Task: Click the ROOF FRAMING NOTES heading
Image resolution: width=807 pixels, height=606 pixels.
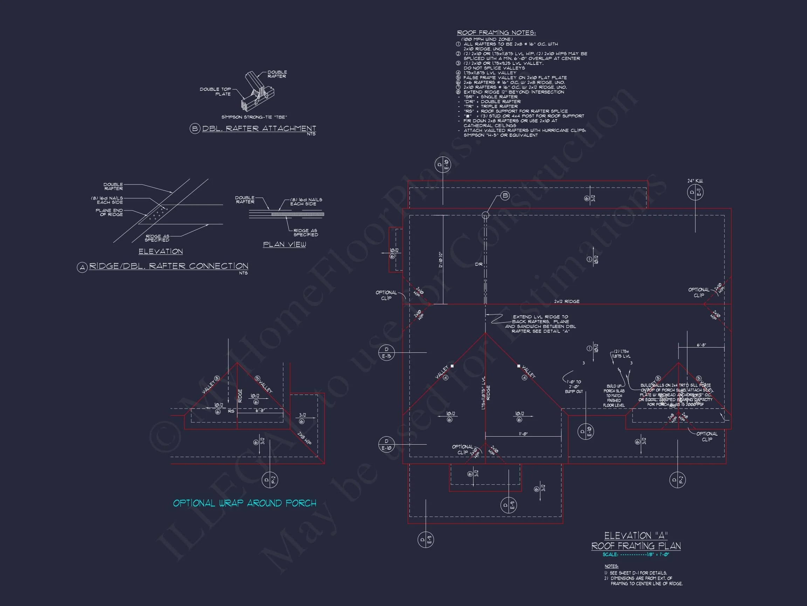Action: (496, 33)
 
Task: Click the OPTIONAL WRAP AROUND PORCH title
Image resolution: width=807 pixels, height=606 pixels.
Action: (244, 503)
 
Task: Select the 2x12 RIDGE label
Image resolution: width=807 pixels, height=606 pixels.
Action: (567, 301)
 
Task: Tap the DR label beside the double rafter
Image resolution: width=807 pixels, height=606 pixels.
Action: (479, 264)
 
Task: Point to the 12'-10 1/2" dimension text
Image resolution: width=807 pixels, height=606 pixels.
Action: (440, 260)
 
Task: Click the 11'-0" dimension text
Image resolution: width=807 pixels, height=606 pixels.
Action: (523, 433)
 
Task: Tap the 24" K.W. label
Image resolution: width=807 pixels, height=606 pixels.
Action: (695, 181)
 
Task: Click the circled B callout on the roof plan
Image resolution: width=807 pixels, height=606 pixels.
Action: (505, 196)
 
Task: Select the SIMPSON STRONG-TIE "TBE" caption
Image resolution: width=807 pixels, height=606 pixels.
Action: (254, 117)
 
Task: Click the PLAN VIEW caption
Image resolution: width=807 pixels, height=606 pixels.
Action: (284, 244)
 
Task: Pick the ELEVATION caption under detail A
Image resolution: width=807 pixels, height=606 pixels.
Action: (160, 251)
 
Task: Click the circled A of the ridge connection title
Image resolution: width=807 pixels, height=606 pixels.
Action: (82, 267)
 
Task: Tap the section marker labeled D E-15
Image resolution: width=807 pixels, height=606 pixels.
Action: (386, 352)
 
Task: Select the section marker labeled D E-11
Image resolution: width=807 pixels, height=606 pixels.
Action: (695, 193)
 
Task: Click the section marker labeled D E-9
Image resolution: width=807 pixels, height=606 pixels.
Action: (509, 505)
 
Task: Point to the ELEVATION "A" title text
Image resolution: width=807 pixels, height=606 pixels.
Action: (636, 536)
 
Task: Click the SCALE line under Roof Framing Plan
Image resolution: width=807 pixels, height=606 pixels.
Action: (636, 554)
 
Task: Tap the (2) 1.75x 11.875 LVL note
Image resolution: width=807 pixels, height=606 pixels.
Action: (621, 353)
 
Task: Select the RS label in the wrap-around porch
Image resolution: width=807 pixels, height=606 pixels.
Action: (231, 411)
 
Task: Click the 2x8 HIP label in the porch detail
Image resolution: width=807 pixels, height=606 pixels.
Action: (304, 438)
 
